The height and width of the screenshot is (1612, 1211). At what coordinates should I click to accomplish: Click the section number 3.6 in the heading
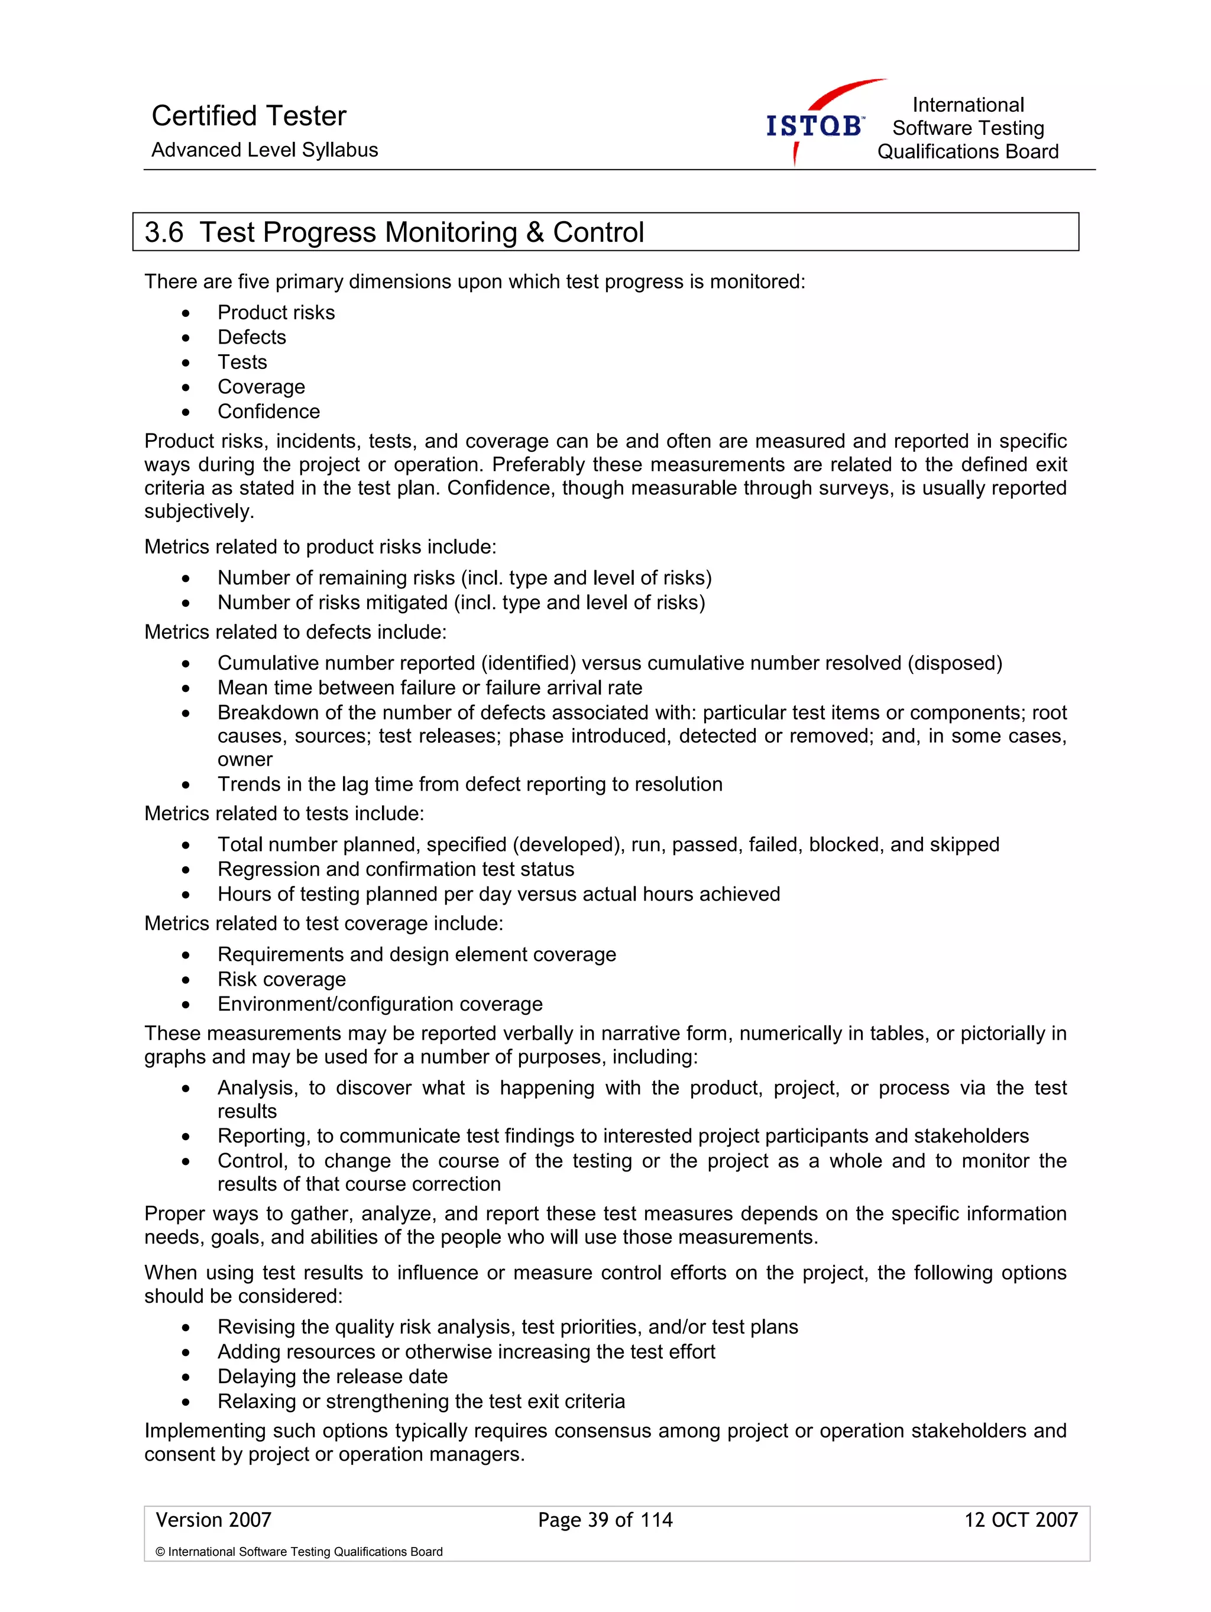[164, 232]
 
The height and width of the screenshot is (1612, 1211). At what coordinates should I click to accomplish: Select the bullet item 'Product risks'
[276, 313]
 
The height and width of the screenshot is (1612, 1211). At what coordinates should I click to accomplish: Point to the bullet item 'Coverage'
[261, 387]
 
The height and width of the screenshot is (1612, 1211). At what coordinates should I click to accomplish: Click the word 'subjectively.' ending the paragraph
[199, 512]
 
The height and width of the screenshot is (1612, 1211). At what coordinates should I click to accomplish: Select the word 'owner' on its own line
[245, 759]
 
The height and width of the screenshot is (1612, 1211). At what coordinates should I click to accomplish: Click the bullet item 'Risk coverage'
[281, 979]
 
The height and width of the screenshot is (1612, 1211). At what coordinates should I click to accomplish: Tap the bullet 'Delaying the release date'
[332, 1377]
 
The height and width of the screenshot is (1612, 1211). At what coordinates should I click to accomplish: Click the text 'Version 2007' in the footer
[213, 1520]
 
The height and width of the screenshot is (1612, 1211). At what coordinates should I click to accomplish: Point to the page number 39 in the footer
[597, 1520]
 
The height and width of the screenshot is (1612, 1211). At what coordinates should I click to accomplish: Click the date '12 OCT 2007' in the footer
[1020, 1520]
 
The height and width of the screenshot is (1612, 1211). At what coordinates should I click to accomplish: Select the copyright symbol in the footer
[160, 1552]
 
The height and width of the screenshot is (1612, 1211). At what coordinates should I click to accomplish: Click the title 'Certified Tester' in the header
[248, 116]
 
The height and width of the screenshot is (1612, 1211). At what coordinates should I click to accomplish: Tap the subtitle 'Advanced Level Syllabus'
[264, 150]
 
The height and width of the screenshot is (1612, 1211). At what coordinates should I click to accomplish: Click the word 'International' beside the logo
[967, 105]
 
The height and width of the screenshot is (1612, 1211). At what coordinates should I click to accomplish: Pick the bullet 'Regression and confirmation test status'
[396, 869]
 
